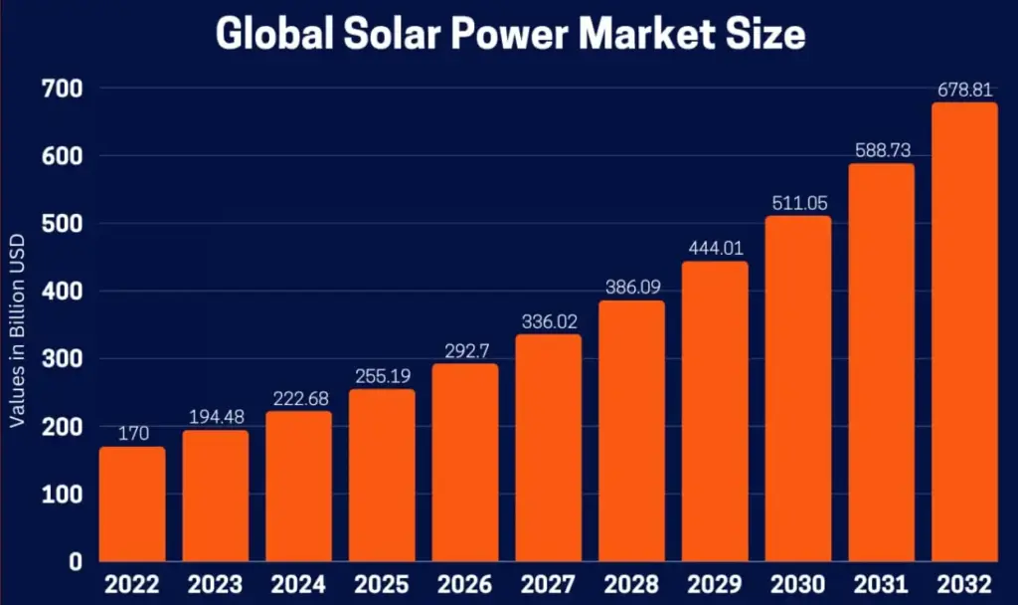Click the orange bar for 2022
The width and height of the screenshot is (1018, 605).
click(132, 504)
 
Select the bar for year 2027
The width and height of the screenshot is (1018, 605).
click(548, 448)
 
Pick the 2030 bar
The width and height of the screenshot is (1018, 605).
click(797, 388)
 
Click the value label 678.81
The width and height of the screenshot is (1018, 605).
click(963, 90)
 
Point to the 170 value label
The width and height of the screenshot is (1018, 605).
click(132, 434)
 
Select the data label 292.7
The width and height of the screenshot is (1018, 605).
click(465, 350)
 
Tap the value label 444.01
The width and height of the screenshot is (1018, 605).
click(714, 248)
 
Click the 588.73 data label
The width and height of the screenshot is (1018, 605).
click(881, 150)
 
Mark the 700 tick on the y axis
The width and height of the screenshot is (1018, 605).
click(62, 90)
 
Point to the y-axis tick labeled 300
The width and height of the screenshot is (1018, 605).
click(62, 359)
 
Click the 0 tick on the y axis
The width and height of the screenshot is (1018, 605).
click(76, 561)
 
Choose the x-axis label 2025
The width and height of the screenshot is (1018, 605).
click(382, 582)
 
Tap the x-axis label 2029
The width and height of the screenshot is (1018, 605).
click(714, 582)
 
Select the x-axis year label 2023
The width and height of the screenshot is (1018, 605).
click(216, 582)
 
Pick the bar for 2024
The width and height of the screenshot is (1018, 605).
click(298, 487)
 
